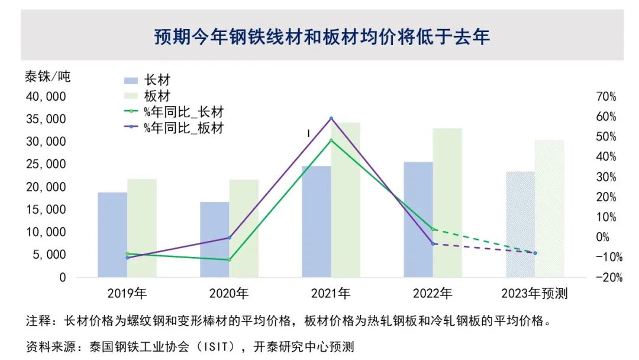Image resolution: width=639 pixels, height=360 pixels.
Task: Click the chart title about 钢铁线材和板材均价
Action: (322, 37)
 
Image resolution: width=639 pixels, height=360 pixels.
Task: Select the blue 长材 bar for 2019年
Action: (112, 235)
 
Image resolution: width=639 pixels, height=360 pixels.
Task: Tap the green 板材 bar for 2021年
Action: (346, 200)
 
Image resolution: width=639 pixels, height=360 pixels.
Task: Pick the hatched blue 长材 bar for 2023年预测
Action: (520, 224)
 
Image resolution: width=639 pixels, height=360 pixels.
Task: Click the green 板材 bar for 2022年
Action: (447, 203)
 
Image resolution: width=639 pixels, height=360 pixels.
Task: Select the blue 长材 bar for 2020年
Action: (214, 240)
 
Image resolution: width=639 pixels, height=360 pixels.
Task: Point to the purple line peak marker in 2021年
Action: (331, 118)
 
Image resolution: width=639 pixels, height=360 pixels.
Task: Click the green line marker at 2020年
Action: (229, 259)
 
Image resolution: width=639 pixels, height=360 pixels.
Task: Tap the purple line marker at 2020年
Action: (229, 237)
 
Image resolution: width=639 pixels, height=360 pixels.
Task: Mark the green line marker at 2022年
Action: (433, 229)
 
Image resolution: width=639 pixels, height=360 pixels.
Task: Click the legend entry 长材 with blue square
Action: (148, 81)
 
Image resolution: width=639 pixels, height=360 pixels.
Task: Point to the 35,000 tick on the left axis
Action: (47, 119)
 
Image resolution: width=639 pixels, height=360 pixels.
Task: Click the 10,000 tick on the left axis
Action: (47, 232)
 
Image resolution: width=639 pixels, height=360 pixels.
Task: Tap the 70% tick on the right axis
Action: (605, 97)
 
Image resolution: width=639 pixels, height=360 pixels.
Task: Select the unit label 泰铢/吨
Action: (47, 77)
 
